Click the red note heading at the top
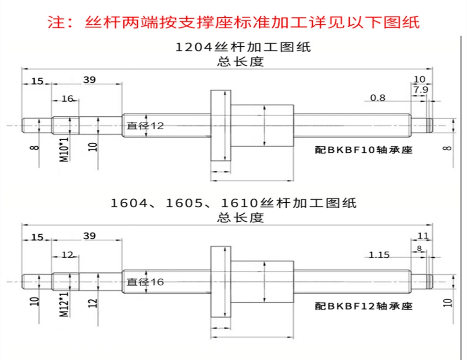click(234, 22)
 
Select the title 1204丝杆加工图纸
click(242, 47)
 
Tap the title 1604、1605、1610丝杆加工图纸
click(233, 203)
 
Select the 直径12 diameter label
click(145, 126)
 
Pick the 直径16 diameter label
click(145, 282)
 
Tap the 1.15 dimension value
click(379, 255)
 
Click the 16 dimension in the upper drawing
click(67, 98)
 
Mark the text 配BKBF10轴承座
click(364, 150)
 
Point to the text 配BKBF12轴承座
click(364, 306)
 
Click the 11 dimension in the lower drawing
click(422, 235)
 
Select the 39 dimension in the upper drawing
click(89, 80)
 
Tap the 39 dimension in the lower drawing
click(89, 236)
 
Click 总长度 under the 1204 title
click(241, 62)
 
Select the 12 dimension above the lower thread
click(67, 255)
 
